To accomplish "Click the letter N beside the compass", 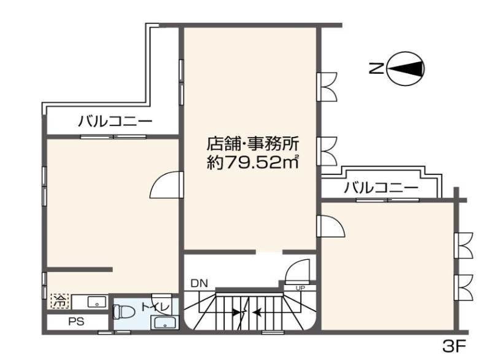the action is [x=377, y=68].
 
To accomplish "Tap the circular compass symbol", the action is [x=406, y=68].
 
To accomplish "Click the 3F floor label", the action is [x=454, y=346].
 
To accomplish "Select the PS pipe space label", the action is [x=76, y=321].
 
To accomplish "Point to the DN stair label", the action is [x=199, y=284].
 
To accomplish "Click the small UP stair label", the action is [x=300, y=288].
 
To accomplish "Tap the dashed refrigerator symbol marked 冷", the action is [x=60, y=301].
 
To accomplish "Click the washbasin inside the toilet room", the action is [x=164, y=323].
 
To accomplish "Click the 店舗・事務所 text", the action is [x=253, y=144].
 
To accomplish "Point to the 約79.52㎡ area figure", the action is [x=253, y=162].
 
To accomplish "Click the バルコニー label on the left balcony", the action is [x=115, y=121].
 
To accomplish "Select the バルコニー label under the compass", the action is [x=381, y=187].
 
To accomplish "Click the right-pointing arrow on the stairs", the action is [x=236, y=312].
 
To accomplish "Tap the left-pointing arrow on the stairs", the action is [x=257, y=312].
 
